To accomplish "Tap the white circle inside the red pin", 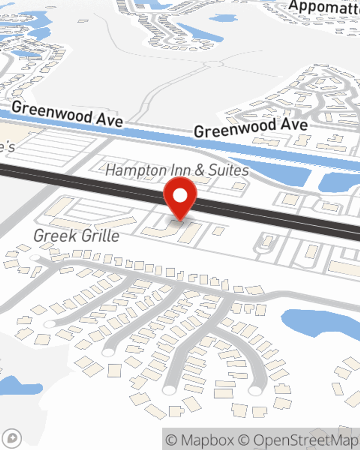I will coord(180,195).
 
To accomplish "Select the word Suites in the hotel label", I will coord(229,170).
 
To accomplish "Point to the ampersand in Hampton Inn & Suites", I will coord(199,170).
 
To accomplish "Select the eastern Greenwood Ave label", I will coord(251,128).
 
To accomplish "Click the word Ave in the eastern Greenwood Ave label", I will coord(294,125).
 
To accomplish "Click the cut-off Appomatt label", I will coord(324,7).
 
